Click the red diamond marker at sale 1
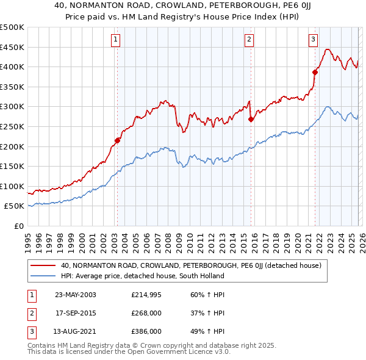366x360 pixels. (117, 140)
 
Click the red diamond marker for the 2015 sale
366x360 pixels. (251, 120)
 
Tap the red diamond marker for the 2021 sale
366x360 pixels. (315, 72)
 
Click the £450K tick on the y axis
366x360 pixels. (12, 47)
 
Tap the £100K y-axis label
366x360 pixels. (12, 186)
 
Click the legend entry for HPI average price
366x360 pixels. (142, 276)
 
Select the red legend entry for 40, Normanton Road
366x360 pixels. (195, 265)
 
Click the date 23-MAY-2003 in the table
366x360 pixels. (76, 295)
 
